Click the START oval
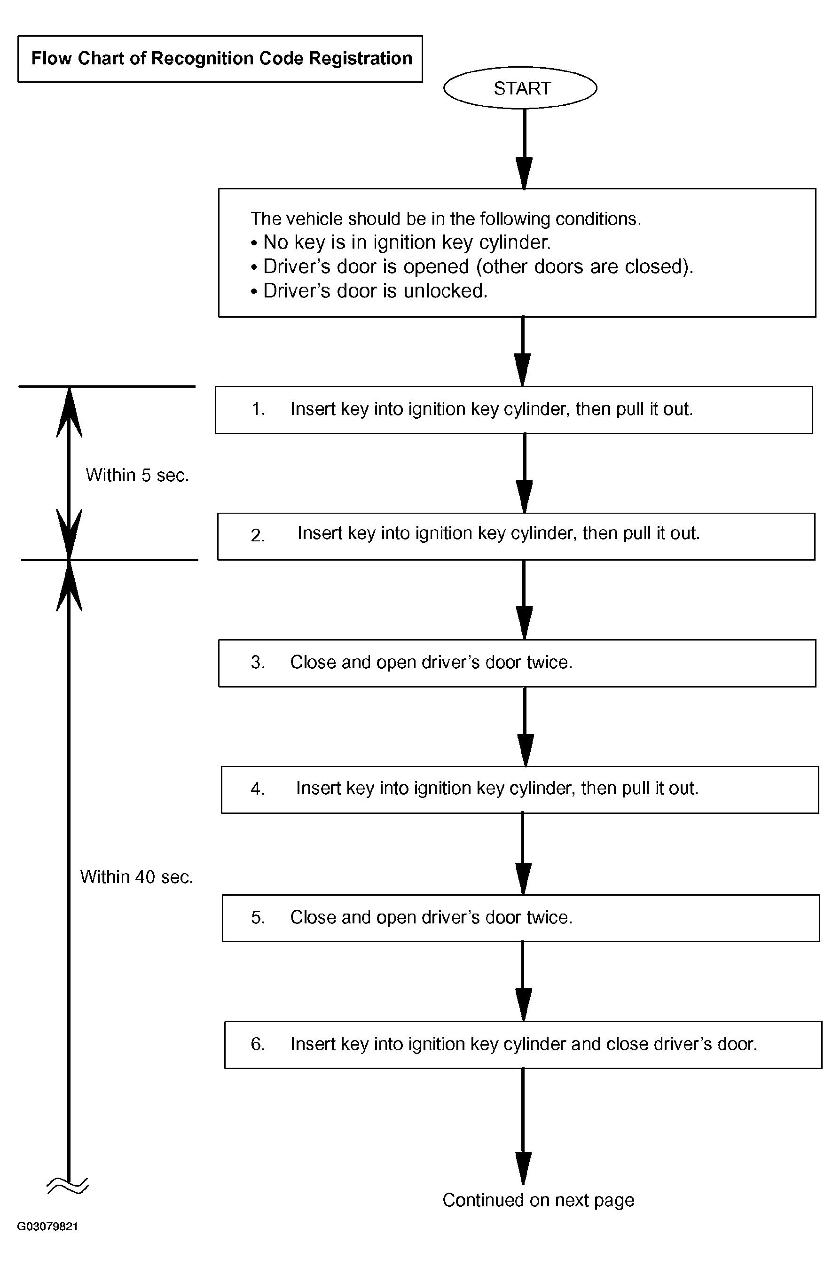(520, 88)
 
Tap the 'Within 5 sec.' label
(137, 475)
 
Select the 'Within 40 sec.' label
(137, 877)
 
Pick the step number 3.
(258, 663)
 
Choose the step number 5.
(258, 917)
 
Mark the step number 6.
(258, 1044)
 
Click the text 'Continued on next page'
(538, 1200)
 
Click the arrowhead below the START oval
(524, 173)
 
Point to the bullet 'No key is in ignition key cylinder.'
(400, 242)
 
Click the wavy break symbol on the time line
(68, 1186)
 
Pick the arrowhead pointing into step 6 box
(523, 1005)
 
